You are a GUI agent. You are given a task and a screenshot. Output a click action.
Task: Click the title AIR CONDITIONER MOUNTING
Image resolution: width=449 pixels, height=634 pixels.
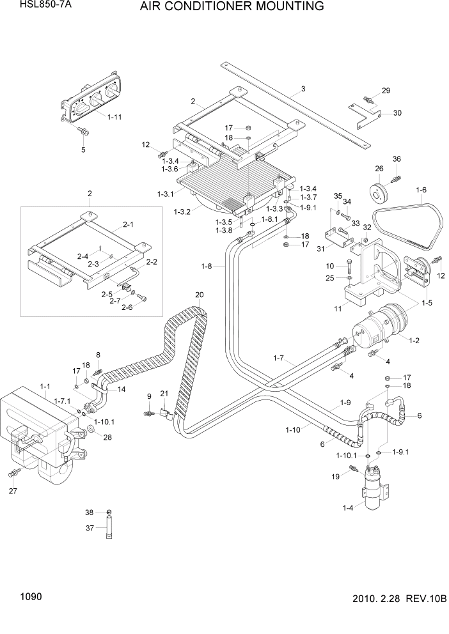(x=230, y=7)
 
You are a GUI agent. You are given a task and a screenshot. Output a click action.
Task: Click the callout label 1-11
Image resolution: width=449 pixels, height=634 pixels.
(x=115, y=117)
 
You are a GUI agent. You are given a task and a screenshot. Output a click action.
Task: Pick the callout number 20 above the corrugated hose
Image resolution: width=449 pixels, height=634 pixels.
(x=199, y=295)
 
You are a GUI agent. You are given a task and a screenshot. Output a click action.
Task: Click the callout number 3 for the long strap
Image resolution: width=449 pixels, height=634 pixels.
(x=303, y=89)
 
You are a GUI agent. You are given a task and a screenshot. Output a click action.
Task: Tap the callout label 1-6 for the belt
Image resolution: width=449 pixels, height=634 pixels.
(x=421, y=190)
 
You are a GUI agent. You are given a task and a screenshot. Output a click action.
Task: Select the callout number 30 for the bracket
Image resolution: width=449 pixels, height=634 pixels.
(x=397, y=113)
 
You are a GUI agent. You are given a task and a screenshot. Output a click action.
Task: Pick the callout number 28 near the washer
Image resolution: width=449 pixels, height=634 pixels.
(x=107, y=438)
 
